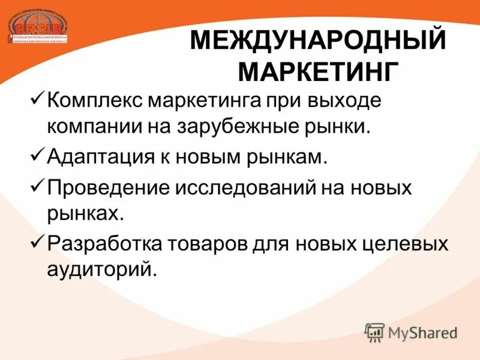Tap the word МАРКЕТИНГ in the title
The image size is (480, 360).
(x=319, y=72)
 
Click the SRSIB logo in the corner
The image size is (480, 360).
(x=37, y=25)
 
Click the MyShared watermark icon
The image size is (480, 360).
(x=375, y=332)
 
